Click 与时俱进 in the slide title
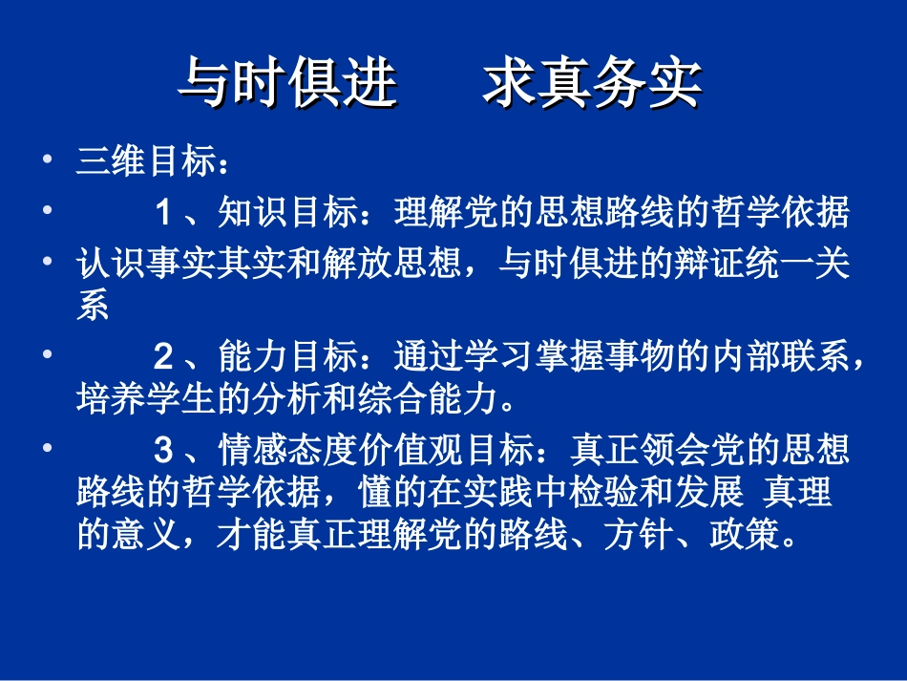tap(287, 84)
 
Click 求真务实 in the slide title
tap(592, 84)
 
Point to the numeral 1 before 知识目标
tap(163, 213)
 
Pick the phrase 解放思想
tap(426, 263)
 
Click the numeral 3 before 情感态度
tap(163, 449)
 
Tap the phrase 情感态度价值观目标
tap(377, 449)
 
